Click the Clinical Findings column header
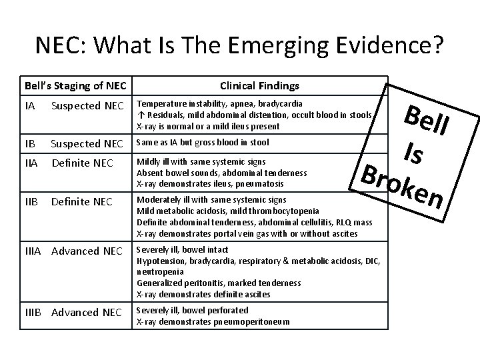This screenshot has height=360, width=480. [259, 86]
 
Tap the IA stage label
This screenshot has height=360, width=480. [29, 105]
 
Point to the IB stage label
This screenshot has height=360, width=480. [29, 143]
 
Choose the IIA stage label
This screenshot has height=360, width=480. [31, 163]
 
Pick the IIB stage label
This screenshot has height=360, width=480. [31, 201]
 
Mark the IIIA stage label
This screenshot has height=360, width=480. [34, 251]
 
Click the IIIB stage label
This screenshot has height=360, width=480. [34, 312]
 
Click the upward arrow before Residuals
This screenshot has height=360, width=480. [139, 115]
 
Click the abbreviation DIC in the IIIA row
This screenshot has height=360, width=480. [371, 262]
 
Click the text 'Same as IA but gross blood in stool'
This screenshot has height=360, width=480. [203, 142]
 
